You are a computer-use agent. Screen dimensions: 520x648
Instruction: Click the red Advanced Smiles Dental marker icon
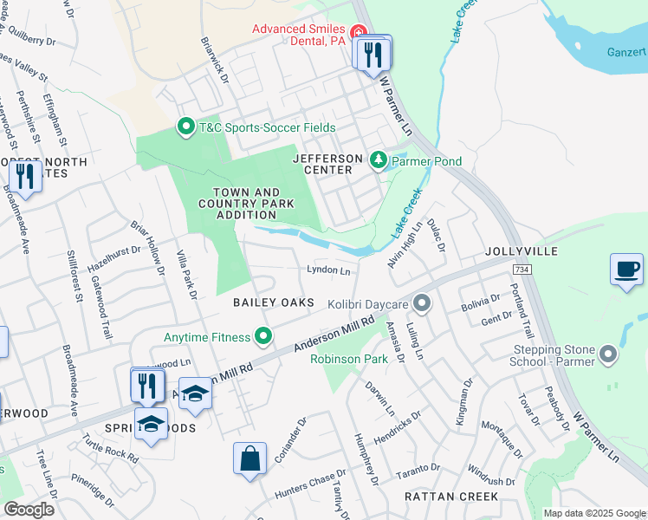(358, 31)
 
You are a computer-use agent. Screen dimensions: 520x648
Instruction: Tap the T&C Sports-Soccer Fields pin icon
(185, 127)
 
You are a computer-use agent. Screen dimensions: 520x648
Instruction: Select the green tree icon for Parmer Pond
(378, 160)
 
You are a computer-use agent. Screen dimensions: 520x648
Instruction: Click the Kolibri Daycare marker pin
(422, 304)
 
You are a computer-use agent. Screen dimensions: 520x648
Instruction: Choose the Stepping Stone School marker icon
(608, 354)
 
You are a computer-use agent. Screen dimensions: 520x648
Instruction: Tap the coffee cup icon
(626, 269)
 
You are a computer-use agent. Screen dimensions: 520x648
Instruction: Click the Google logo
(29, 510)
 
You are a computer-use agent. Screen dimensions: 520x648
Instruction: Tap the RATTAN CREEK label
(451, 497)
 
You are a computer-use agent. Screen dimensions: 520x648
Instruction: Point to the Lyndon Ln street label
(328, 270)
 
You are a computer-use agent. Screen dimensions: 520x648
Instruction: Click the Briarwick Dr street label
(213, 60)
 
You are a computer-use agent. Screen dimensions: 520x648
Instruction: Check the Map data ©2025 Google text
(594, 513)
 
